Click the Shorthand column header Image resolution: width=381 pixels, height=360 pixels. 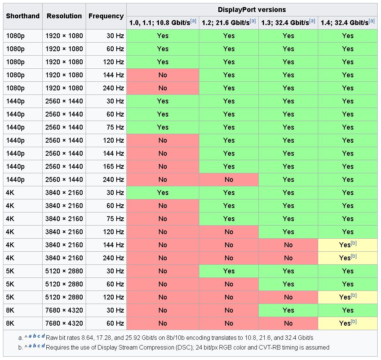click(23, 16)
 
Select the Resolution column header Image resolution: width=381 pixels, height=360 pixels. click(64, 16)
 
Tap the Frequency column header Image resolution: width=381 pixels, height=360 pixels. click(106, 16)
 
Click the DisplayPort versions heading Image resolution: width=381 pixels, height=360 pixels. click(252, 10)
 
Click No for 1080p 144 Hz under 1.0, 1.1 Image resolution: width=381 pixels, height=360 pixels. click(163, 75)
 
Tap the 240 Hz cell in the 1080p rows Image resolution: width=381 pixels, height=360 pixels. click(113, 88)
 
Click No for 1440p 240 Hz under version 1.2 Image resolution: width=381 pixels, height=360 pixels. click(228, 180)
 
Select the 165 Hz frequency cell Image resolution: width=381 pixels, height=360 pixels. click(113, 167)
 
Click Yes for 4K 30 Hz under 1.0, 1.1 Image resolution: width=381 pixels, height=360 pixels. click(163, 193)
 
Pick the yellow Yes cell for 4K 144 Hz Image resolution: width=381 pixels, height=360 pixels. click(347, 245)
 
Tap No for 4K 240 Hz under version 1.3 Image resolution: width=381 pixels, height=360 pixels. click(288, 258)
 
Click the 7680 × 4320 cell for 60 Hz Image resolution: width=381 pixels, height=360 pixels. click(64, 323)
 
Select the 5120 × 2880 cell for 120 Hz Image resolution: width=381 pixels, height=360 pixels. click(64, 297)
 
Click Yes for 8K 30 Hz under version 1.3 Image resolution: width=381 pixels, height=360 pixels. click(288, 310)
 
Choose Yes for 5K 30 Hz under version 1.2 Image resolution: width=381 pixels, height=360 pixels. click(228, 271)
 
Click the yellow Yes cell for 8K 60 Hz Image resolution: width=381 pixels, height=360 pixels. click(347, 323)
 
